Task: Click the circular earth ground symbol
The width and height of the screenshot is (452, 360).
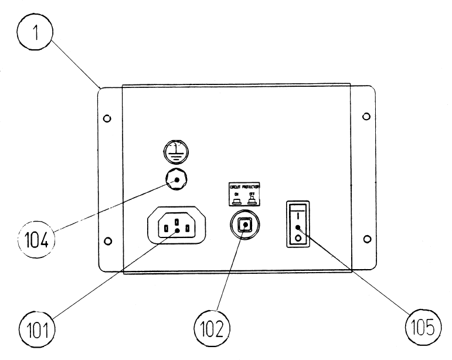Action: [x=174, y=151]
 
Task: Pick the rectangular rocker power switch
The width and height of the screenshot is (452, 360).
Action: [x=298, y=223]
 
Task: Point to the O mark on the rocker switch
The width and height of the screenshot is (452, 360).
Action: [x=298, y=238]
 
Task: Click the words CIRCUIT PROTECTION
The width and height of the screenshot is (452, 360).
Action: [x=244, y=186]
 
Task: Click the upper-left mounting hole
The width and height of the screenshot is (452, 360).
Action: [x=106, y=118]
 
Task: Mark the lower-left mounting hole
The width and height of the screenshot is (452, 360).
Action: [x=107, y=240]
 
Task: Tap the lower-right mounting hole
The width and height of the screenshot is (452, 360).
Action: [x=366, y=238]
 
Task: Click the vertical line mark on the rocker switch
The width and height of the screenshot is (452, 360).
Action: [x=298, y=215]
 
